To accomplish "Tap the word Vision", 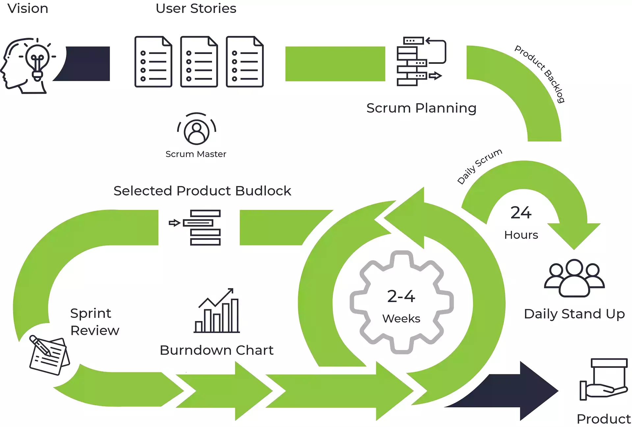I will tap(28, 9).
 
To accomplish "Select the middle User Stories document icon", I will tap(199, 62).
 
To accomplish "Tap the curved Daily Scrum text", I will tap(480, 166).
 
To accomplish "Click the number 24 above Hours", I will tap(521, 213).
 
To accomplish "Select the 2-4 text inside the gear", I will tap(401, 296).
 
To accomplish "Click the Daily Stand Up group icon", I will tap(574, 278).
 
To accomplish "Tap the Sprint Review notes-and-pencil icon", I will tap(48, 355).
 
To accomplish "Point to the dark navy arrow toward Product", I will tap(513, 391).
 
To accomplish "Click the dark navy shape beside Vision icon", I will tap(86, 64).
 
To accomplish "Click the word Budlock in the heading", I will tap(263, 191).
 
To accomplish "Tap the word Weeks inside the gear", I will tap(401, 318).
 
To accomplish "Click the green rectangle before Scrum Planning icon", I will tap(335, 64).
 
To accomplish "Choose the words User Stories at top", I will tap(196, 9).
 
